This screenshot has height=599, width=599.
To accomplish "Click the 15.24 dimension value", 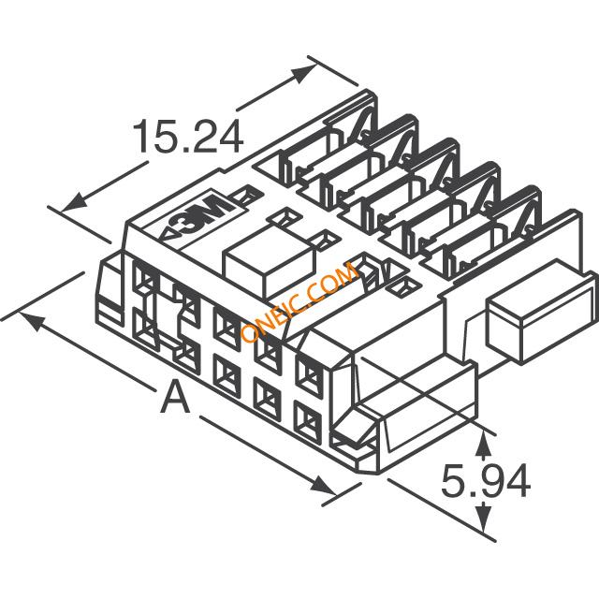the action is [x=187, y=137].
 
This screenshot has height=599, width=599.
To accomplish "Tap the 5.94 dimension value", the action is [x=486, y=480].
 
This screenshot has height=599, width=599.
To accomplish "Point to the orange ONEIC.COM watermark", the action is [x=300, y=301].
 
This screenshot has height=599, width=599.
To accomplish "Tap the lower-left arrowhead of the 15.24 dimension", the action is [x=75, y=201].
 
